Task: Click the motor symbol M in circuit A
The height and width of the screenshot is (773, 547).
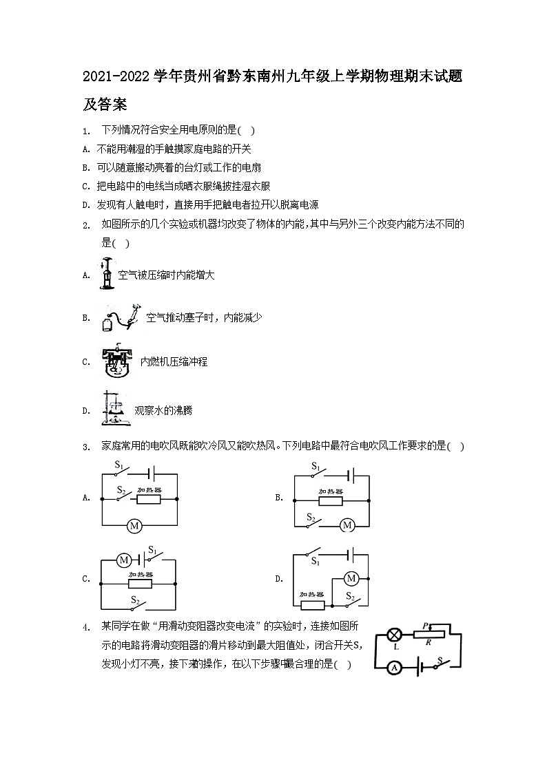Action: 135,526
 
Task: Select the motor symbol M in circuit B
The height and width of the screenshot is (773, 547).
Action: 347,525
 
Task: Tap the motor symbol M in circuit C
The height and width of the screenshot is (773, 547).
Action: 123,560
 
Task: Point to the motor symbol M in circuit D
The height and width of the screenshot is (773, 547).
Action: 351,578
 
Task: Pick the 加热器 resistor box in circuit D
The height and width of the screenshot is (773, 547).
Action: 312,605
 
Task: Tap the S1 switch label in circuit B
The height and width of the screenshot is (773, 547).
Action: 316,466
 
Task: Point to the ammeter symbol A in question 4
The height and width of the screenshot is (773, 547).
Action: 395,666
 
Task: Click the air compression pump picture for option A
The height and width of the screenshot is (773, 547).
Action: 106,275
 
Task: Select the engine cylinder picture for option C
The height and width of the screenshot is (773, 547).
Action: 115,361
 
